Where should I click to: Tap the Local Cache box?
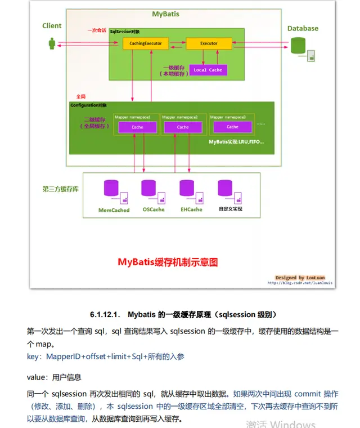coord(208,70)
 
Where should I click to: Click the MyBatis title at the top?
coord(166,14)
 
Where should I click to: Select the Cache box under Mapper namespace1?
coord(137,127)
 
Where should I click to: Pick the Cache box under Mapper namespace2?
coord(182,127)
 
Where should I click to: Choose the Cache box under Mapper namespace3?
coord(232,127)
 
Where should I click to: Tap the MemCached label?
coord(114,210)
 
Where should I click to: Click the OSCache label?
coord(154,209)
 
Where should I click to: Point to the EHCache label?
coord(191,209)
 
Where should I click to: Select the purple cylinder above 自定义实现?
coord(225,188)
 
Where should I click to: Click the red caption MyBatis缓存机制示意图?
coord(167,262)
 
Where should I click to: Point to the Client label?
coord(52,26)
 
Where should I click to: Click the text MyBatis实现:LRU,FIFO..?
coord(236,141)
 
